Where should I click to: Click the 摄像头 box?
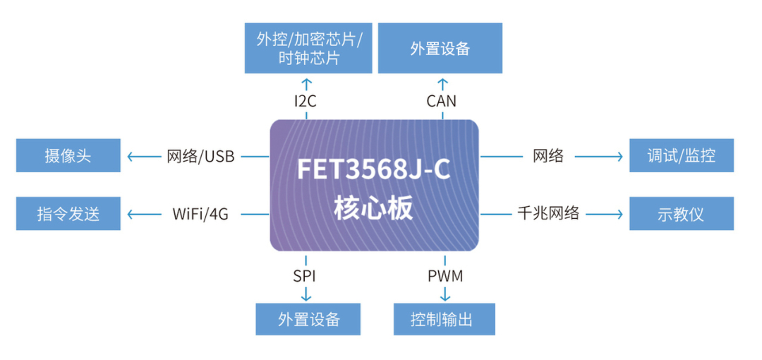[x=68, y=155]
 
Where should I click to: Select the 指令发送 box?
[x=68, y=214]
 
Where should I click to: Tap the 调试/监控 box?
[x=681, y=155]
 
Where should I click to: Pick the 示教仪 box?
[x=681, y=214]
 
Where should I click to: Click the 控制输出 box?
[x=444, y=319]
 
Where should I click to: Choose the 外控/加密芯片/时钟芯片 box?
[x=308, y=48]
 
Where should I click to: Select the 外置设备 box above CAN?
[x=440, y=48]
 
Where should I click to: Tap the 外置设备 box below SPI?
[x=308, y=319]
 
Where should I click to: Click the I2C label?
[x=305, y=101]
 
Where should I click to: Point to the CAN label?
[x=441, y=101]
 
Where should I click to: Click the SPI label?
[x=305, y=275]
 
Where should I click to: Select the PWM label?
[x=445, y=275]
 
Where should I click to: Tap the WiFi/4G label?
[x=200, y=214]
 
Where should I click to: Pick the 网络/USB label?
[x=200, y=156]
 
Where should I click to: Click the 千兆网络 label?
[x=548, y=213]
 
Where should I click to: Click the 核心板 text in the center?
[x=374, y=209]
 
